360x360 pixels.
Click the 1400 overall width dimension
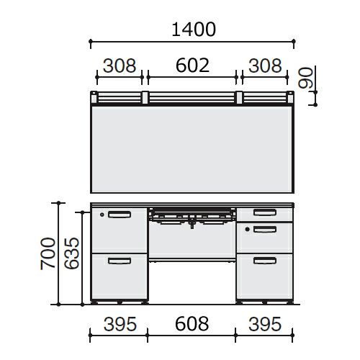(x=194, y=30)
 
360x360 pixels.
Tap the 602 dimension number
(x=192, y=66)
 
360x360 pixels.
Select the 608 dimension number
(x=192, y=324)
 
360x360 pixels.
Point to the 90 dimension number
(x=306, y=78)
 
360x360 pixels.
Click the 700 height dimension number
(x=48, y=253)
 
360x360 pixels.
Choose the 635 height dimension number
(x=71, y=253)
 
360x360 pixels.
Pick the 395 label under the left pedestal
(x=120, y=324)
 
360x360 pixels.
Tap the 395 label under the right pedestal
(x=265, y=324)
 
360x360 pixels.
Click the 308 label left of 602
(x=120, y=66)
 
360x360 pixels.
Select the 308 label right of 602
(x=265, y=66)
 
